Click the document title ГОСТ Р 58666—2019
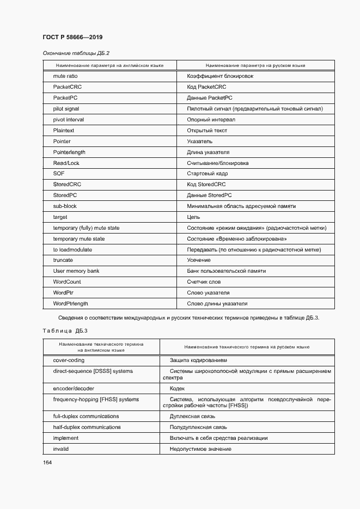coord(72,37)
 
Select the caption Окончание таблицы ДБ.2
coord(76,53)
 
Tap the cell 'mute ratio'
coord(65,76)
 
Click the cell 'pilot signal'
coord(66,109)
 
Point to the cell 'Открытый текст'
coord(207,131)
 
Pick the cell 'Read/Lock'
coord(66,163)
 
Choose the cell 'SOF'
coord(59,174)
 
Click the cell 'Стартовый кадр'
coord(208,174)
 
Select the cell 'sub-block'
coord(65,206)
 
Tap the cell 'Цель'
coord(193,217)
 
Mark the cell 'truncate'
coord(63,260)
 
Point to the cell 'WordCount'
coord(67,282)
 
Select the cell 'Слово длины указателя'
coord(217,303)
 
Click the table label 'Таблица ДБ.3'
coord(65,330)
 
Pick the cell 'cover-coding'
coord(69,360)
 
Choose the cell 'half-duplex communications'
coord(87,427)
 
